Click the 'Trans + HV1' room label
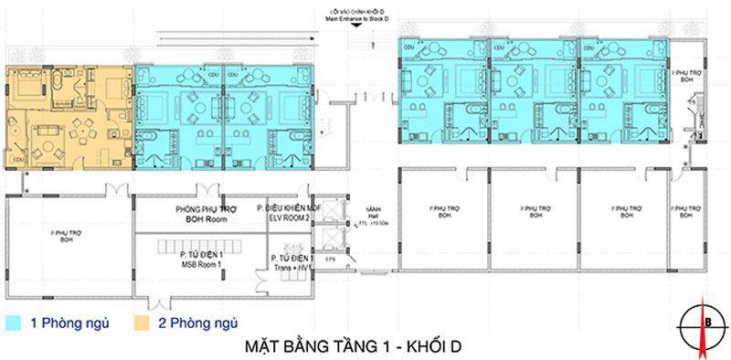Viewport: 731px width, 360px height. coord(291,269)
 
